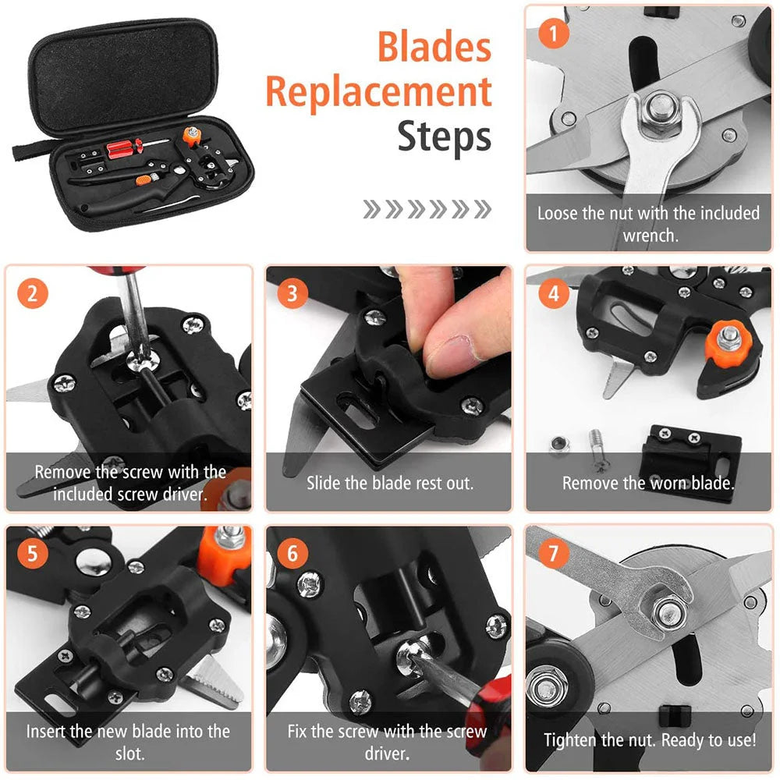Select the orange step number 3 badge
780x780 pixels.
(x=292, y=293)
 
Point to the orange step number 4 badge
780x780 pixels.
(x=554, y=294)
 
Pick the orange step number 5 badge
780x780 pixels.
(x=32, y=554)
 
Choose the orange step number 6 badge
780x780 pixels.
(x=292, y=554)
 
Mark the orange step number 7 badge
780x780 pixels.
(x=554, y=554)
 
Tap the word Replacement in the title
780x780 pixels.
(x=378, y=93)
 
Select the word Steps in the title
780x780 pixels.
(x=444, y=136)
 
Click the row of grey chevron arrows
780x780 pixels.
(x=427, y=209)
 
